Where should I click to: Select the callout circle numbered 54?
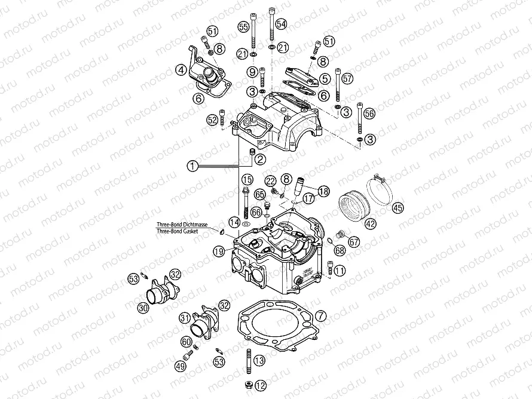(x=281, y=23)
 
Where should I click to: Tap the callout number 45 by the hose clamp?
(x=398, y=207)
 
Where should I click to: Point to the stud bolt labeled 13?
(x=246, y=360)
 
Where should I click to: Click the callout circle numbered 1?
(x=192, y=167)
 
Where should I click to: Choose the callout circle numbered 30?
(x=142, y=308)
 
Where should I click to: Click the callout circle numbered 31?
(x=185, y=317)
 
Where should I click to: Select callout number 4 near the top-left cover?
(x=181, y=70)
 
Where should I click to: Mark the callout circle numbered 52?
(x=212, y=119)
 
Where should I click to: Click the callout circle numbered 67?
(x=354, y=242)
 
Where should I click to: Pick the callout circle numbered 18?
(x=323, y=191)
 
